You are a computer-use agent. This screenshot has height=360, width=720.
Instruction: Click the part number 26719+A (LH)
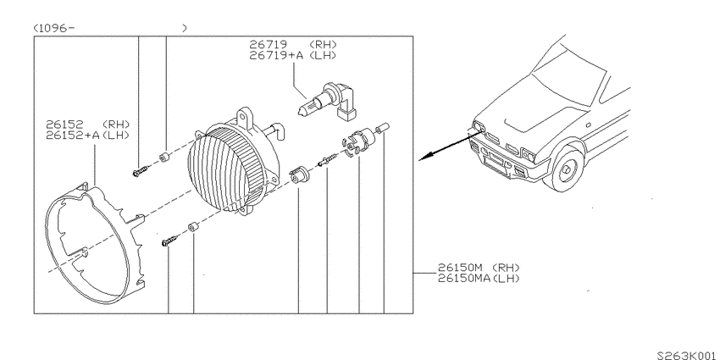coord(293,55)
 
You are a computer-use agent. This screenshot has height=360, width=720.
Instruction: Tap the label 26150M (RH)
coord(479,267)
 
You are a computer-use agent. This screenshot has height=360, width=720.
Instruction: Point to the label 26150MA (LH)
coord(479,278)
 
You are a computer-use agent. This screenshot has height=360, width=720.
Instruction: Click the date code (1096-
coord(53,28)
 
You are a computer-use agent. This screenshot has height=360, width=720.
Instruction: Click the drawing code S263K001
coord(688,356)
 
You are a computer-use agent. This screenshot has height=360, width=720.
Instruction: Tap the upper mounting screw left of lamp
coord(141,170)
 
